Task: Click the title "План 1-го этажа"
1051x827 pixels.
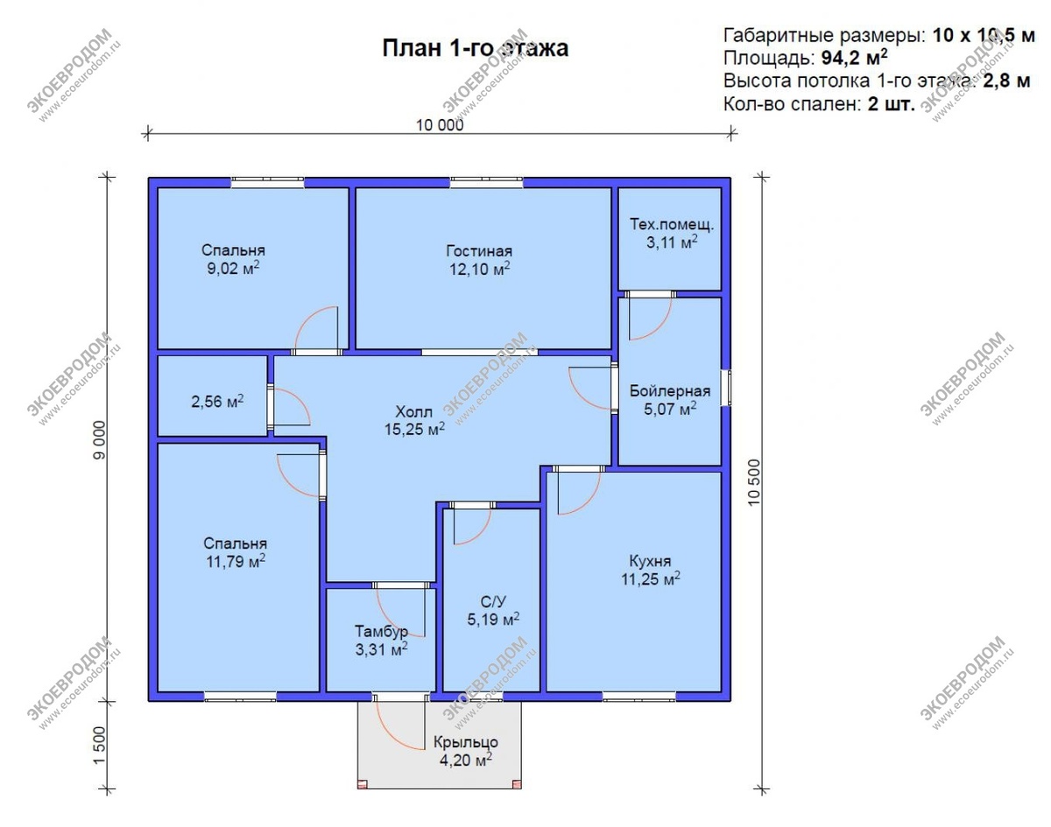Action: (x=475, y=49)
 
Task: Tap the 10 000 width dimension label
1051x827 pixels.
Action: (x=440, y=125)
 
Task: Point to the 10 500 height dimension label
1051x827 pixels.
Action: (x=754, y=482)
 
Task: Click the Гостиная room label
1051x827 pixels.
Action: (x=479, y=251)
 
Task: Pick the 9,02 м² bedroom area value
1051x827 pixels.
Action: (x=233, y=269)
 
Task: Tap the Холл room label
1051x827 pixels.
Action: (x=413, y=411)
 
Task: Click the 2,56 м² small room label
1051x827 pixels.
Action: (x=217, y=402)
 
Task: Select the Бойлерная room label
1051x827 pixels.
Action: (x=669, y=390)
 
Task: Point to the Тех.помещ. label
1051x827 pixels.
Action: (x=672, y=225)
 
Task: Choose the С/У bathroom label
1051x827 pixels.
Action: (x=493, y=601)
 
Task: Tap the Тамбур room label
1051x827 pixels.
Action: (x=381, y=631)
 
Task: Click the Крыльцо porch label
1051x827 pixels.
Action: (x=466, y=742)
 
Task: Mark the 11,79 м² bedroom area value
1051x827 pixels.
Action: (x=236, y=562)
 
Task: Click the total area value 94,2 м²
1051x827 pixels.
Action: (x=855, y=58)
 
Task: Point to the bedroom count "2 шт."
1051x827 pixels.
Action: (x=892, y=104)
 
